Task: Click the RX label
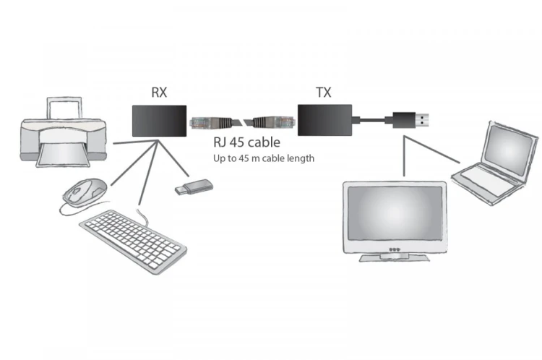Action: pos(159,92)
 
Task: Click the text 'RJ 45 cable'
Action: pos(245,143)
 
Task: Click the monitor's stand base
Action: pos(394,257)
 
